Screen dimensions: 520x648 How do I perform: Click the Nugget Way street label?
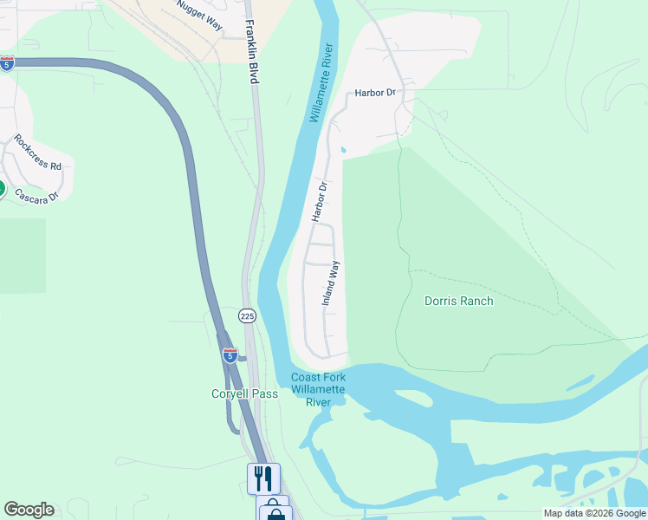(199, 15)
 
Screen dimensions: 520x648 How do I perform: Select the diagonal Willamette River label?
(321, 83)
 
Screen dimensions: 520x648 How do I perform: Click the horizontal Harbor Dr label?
(374, 93)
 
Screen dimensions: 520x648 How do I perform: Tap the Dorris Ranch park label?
(458, 302)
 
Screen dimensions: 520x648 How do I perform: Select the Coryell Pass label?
(245, 393)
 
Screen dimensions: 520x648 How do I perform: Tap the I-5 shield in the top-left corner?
(7, 62)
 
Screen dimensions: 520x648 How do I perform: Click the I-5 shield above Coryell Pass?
(230, 355)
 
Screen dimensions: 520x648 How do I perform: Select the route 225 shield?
(248, 316)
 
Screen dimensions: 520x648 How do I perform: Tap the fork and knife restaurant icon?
(263, 478)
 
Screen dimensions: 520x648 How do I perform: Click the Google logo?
(29, 510)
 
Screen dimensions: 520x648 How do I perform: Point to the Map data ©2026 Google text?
(594, 513)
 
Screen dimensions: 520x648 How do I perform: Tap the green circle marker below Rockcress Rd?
(1, 188)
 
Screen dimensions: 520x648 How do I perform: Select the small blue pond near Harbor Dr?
(343, 150)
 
